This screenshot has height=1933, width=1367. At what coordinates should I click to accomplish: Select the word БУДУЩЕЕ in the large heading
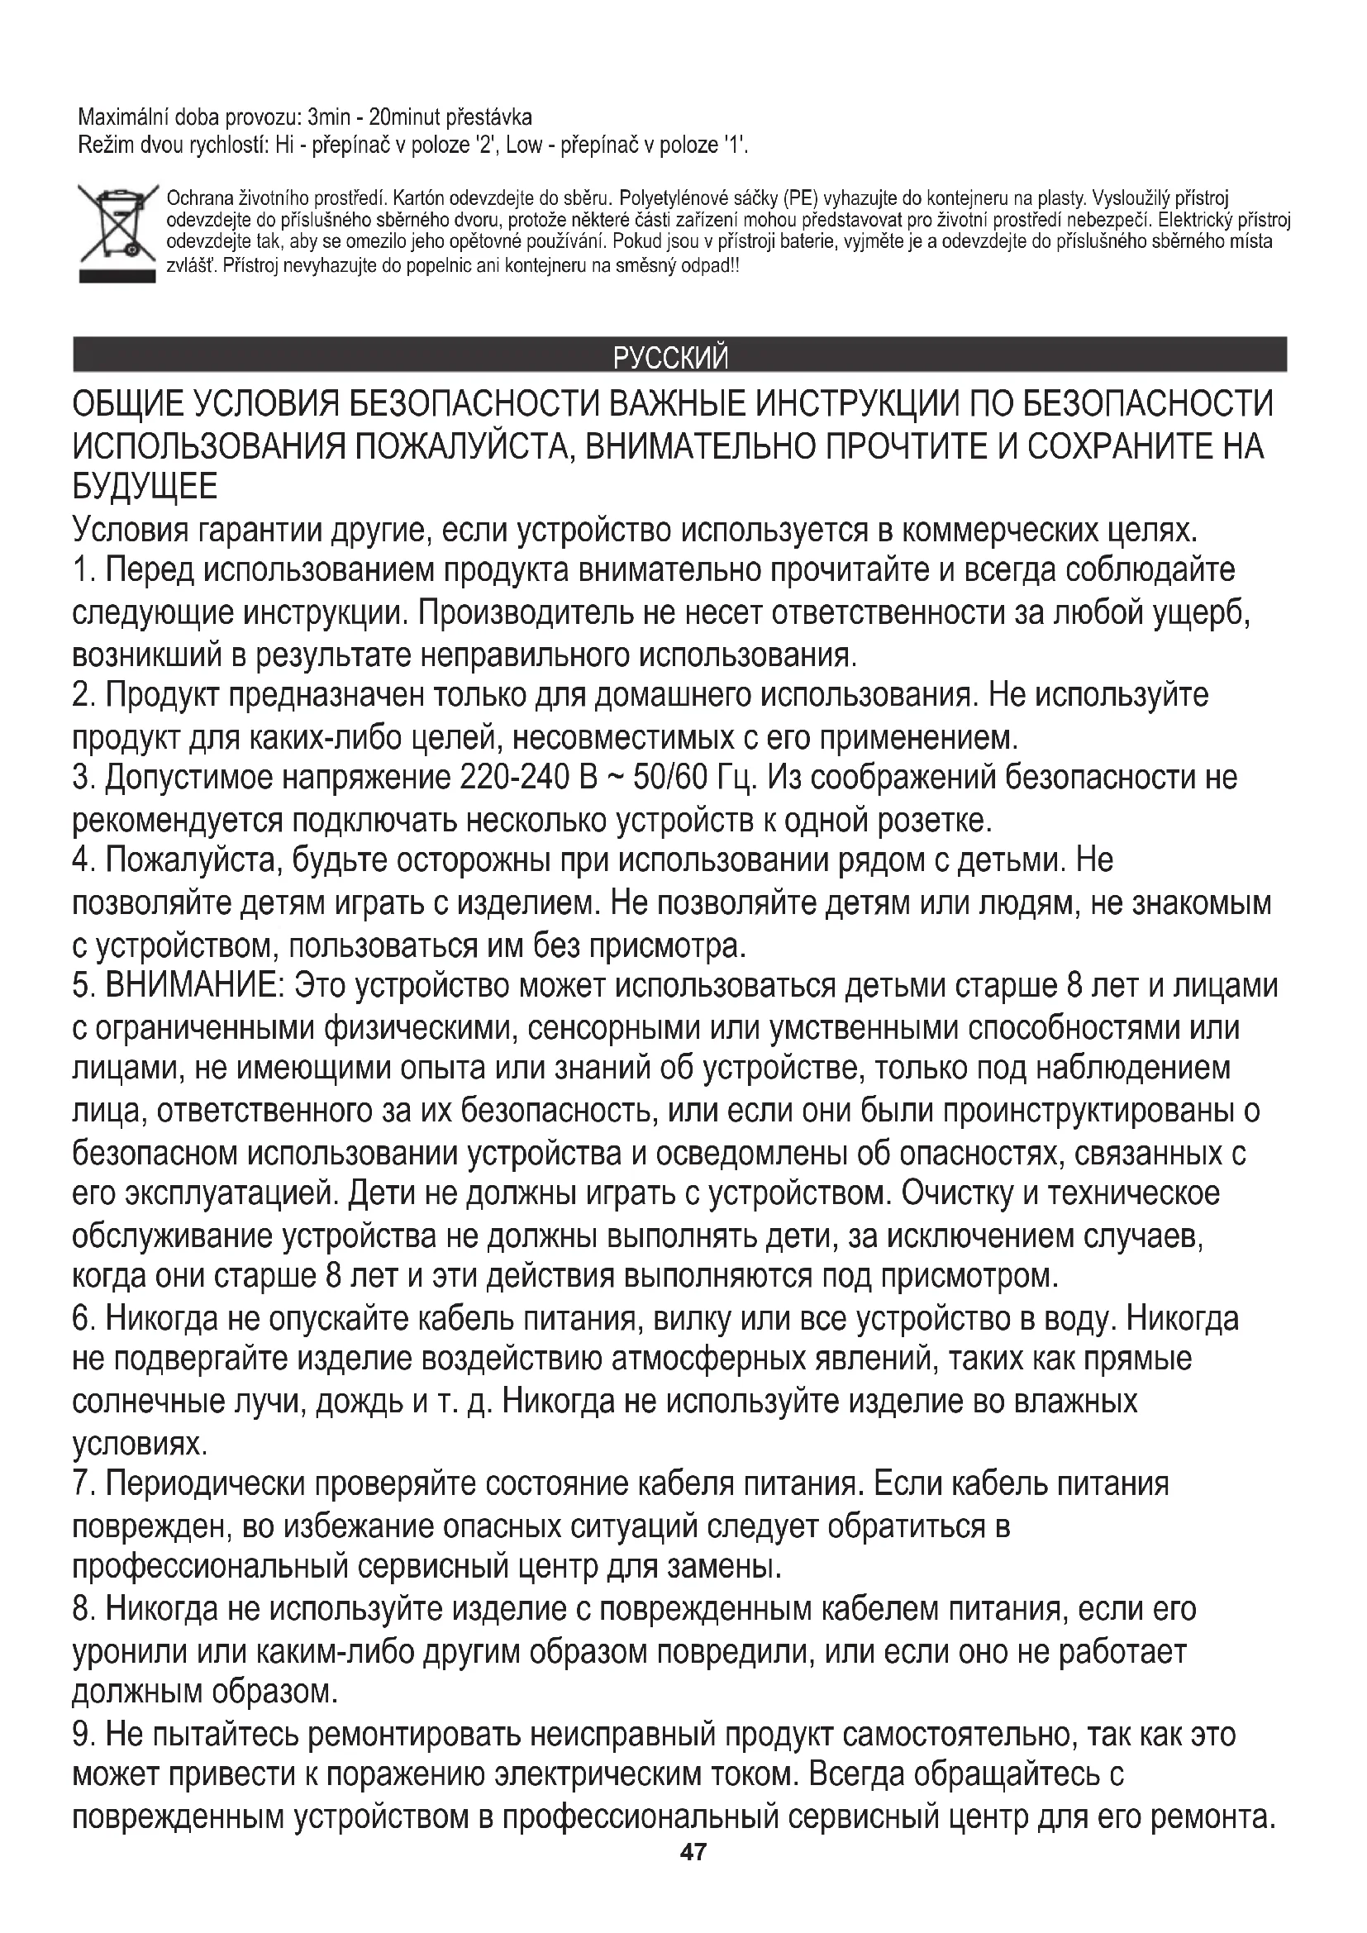coord(145,486)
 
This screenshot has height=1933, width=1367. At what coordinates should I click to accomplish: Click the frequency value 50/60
coord(669,777)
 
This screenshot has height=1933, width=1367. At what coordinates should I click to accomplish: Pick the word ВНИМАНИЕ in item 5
coord(193,985)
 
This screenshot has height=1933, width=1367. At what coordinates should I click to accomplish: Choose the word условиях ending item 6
coord(139,1442)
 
